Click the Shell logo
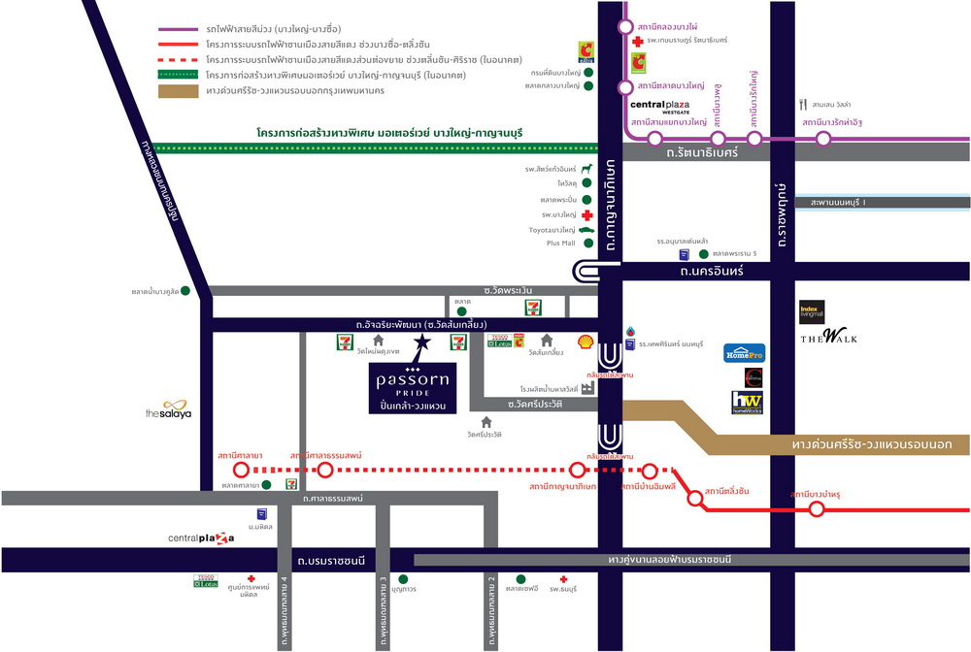point(586,342)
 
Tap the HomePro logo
point(745,352)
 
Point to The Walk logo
point(828,338)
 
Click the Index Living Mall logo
point(811,311)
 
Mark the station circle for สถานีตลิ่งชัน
point(695,499)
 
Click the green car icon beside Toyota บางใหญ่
point(586,230)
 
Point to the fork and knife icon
point(802,103)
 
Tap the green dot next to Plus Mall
point(586,244)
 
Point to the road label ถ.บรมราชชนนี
point(331,561)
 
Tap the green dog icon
point(586,169)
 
